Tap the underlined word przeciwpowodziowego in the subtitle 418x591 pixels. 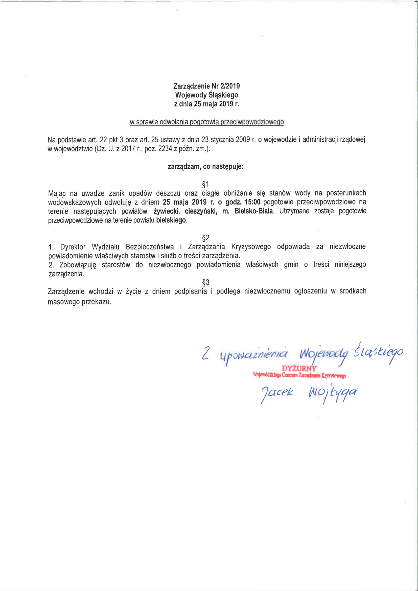pos(252,122)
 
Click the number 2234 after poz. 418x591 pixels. pos(165,149)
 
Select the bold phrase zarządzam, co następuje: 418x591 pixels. pos(205,167)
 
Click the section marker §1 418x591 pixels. pos(205,184)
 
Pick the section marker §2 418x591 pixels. pos(206,237)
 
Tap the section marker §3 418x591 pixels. pos(206,282)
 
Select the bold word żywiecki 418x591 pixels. pos(167,211)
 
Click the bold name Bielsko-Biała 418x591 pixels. pos(253,211)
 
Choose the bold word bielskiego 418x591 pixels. pos(171,220)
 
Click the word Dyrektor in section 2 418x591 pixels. pos(73,247)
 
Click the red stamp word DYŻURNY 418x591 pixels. pos(299,368)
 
